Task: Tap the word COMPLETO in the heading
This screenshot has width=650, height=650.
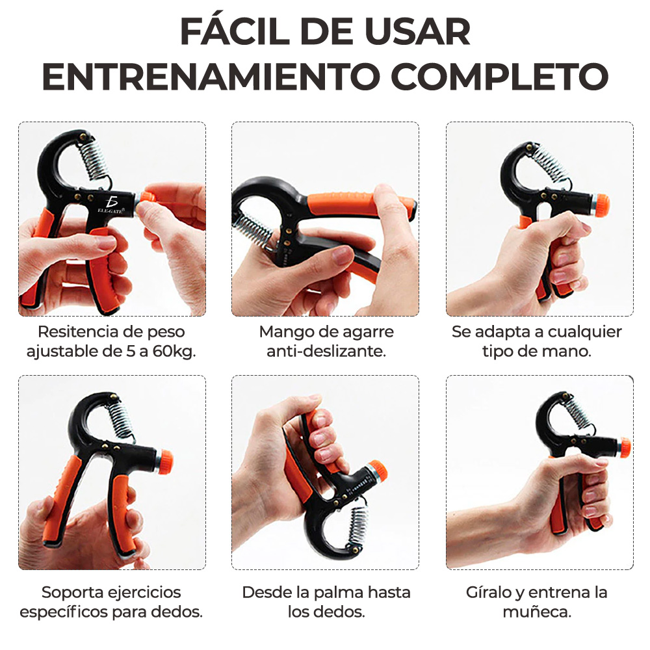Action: click(x=501, y=77)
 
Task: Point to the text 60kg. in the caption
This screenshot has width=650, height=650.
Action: click(x=174, y=351)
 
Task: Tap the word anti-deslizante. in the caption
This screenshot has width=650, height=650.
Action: click(x=326, y=351)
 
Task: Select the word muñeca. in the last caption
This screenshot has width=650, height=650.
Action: click(x=537, y=612)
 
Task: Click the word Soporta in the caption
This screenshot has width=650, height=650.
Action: click(x=70, y=592)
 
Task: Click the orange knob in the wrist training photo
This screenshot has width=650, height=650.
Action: click(x=624, y=447)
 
